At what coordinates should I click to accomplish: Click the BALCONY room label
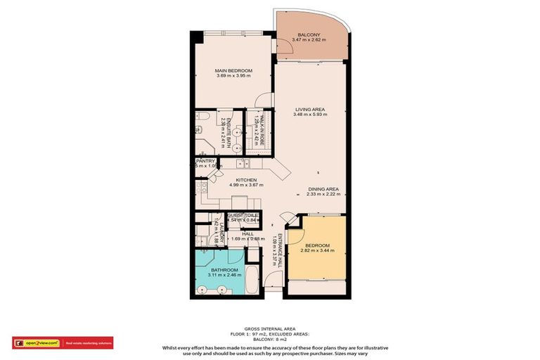point(309,34)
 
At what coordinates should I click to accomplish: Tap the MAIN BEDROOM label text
point(233,71)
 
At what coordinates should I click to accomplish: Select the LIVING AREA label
point(309,109)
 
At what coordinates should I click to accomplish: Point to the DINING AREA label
point(323,189)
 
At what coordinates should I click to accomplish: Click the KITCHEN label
point(245,180)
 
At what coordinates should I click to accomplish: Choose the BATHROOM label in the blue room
point(224,270)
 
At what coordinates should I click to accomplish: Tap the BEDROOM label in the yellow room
point(318,245)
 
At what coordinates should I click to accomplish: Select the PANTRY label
point(205,161)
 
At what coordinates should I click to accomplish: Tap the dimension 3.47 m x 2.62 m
point(309,41)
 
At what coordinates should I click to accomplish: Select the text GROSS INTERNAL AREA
point(270,328)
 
